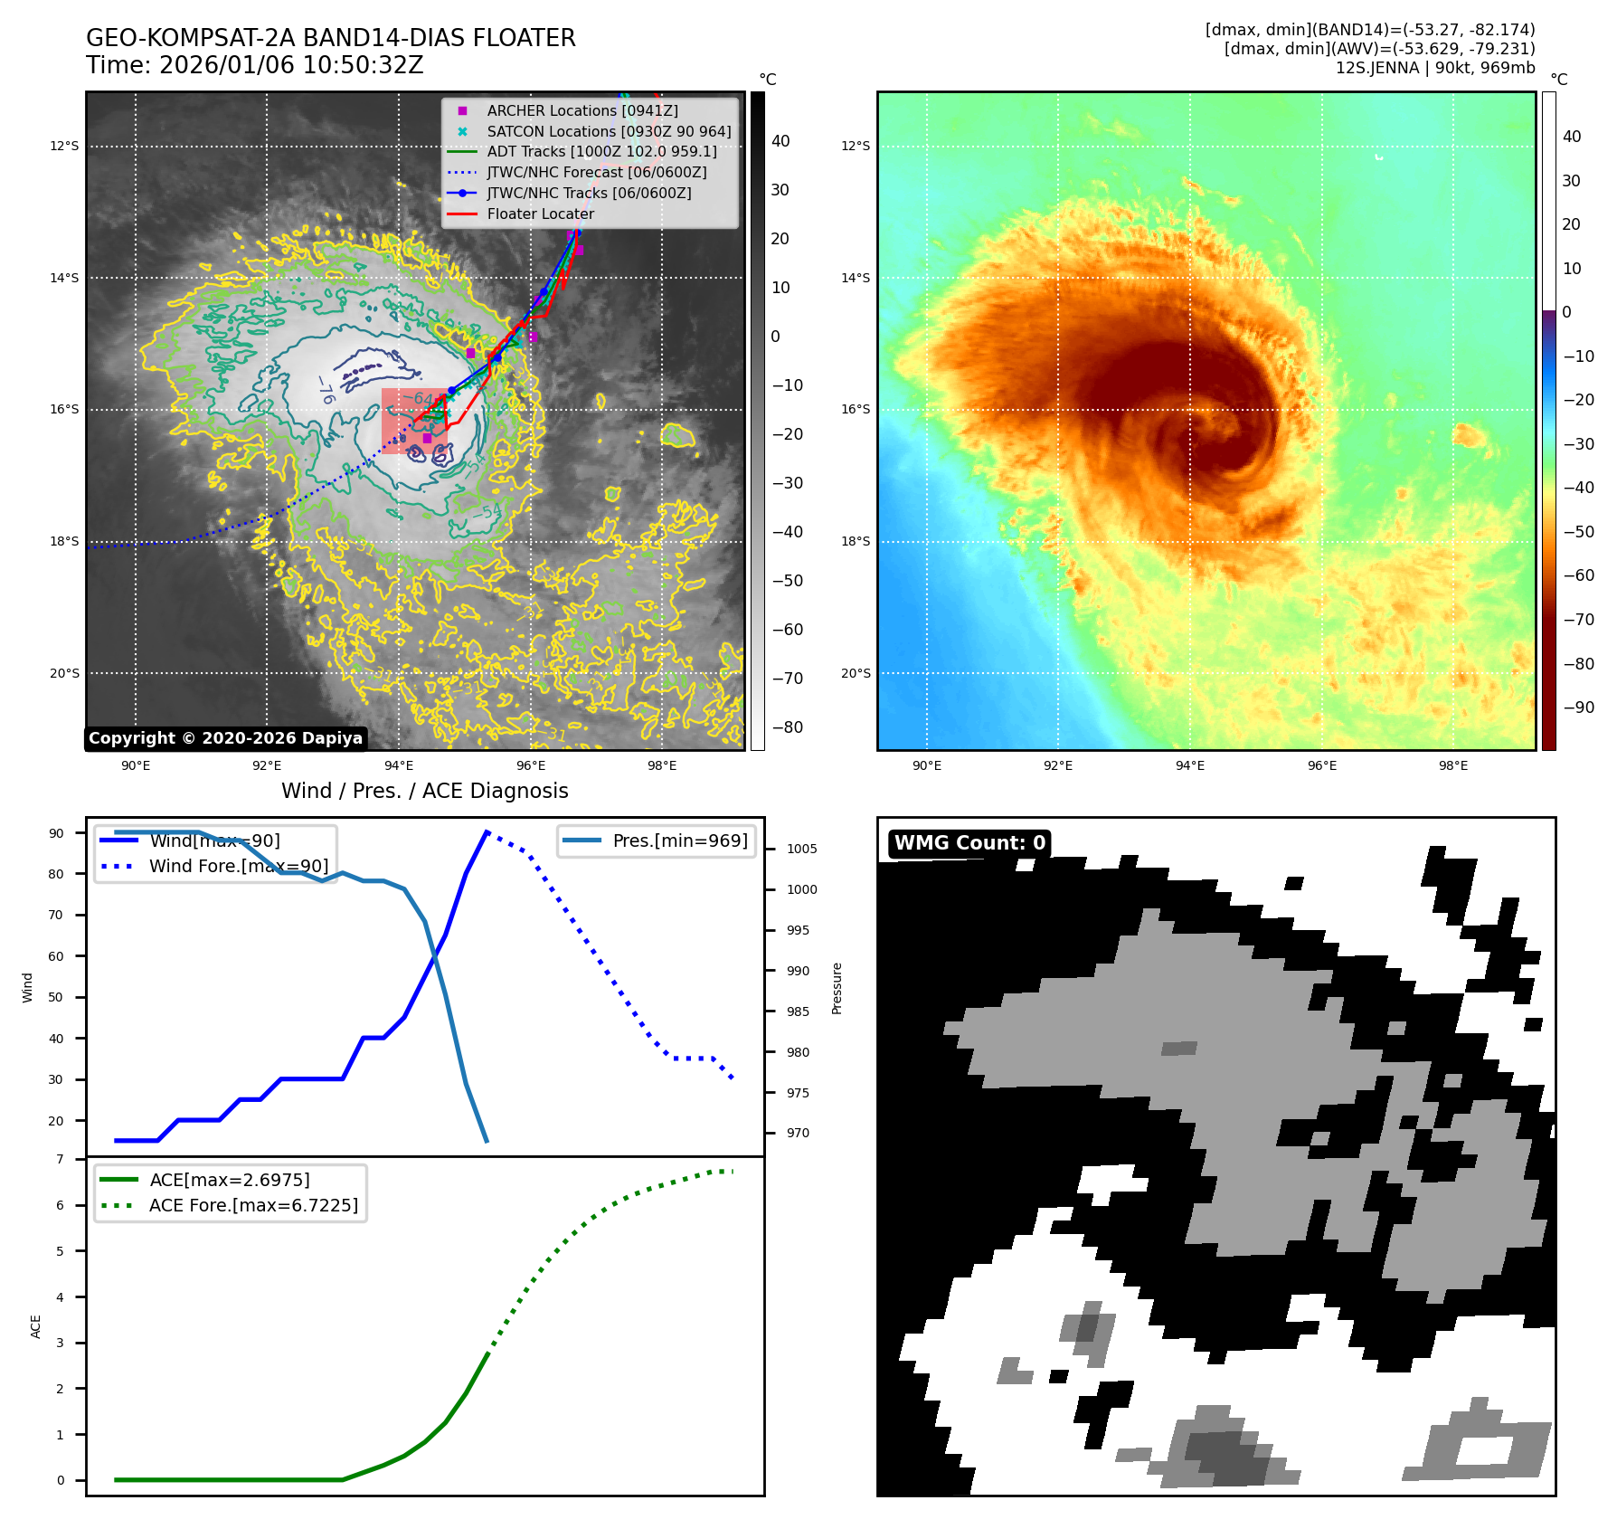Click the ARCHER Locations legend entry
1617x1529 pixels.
582,110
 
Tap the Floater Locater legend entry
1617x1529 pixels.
540,214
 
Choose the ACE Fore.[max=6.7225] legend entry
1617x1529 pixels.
253,1205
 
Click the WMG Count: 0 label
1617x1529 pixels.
969,843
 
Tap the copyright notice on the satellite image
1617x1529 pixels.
225,738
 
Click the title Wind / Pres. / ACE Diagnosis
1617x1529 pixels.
424,791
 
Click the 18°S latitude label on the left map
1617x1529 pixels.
64,541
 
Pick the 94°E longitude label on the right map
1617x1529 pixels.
1189,765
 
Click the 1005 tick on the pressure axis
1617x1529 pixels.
801,849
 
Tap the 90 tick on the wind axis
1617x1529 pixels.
56,833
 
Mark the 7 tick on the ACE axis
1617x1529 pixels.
61,1159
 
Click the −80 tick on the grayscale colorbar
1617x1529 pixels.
787,727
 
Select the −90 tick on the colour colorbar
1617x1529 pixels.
1578,708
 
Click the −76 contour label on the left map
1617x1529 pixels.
326,390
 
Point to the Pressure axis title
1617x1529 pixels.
837,988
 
